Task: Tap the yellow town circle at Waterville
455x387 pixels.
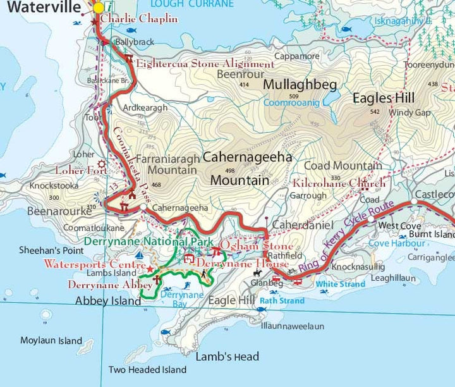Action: coord(99,8)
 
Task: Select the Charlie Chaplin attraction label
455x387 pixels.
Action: coord(139,19)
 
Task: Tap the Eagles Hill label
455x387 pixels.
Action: coord(384,98)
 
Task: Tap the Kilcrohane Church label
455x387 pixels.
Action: coord(339,183)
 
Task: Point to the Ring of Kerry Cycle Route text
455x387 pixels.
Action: coord(347,236)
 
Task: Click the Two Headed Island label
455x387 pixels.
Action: coord(147,370)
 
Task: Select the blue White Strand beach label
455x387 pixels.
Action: coord(340,285)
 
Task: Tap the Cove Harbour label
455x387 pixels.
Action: coord(396,243)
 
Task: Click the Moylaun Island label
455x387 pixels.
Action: coord(51,341)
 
